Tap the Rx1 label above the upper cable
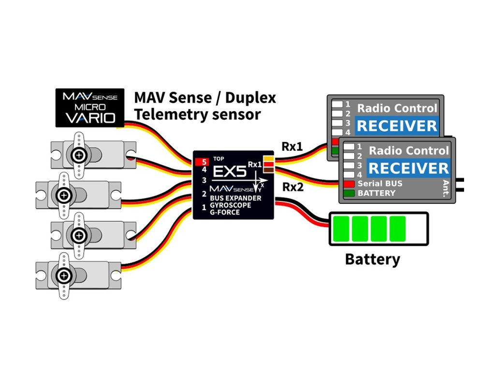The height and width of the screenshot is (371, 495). coord(292,146)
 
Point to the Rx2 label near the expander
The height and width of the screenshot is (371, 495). coord(292,187)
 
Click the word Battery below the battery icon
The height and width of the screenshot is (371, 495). coord(372,259)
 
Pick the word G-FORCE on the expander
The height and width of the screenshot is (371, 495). coord(226,212)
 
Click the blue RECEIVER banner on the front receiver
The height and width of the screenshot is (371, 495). coord(408,169)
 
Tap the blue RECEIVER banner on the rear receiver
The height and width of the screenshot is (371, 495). coord(396,126)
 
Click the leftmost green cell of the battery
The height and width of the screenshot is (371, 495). coord(341,229)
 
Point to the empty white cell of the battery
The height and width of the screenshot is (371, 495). coord(416,229)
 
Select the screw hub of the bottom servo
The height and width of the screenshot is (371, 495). coord(63,276)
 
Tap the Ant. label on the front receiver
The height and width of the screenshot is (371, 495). coord(446,187)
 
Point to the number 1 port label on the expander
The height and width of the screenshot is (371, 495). coord(204,208)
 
